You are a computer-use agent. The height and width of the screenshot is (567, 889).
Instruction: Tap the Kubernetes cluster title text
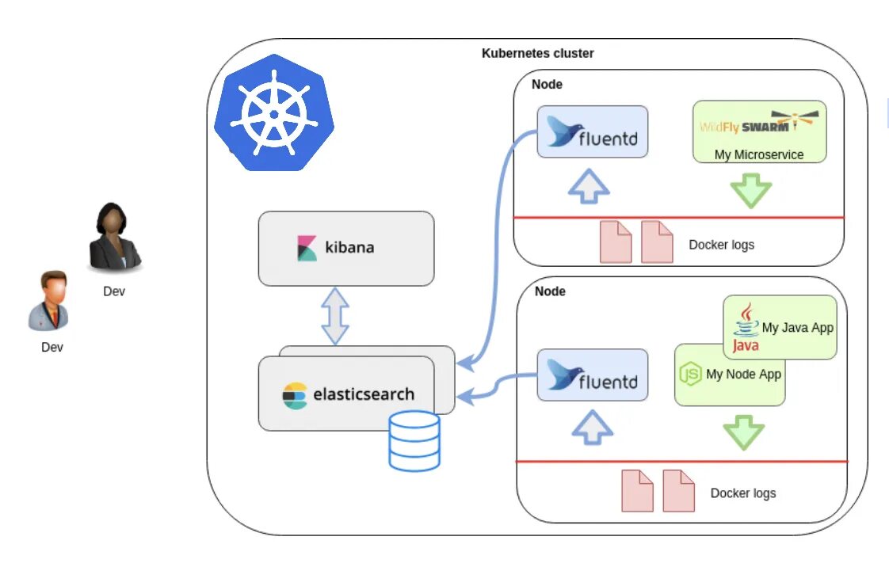pos(537,54)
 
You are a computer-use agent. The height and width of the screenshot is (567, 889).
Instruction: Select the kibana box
pos(346,247)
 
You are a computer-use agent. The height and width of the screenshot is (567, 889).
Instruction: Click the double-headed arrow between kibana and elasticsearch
pos(336,314)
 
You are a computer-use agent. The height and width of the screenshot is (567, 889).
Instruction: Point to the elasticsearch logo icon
pos(295,395)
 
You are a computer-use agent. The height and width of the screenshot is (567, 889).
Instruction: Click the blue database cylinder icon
pos(414,440)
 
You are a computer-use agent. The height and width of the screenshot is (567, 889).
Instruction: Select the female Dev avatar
pos(114,238)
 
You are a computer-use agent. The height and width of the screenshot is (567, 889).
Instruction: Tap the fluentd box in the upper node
pos(593,132)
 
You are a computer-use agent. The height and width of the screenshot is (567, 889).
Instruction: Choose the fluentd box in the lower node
pos(593,375)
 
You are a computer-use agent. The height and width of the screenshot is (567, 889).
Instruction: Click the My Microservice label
pos(759,154)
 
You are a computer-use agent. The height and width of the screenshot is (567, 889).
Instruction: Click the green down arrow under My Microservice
pos(750,191)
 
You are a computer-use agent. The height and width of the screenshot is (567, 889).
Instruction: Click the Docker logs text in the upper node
pos(721,244)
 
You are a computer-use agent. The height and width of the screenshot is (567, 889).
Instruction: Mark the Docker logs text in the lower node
pos(742,493)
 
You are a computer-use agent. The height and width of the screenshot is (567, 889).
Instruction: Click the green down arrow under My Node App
pos(743,432)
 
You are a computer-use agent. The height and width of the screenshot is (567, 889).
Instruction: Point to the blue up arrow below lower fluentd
pos(592,428)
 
